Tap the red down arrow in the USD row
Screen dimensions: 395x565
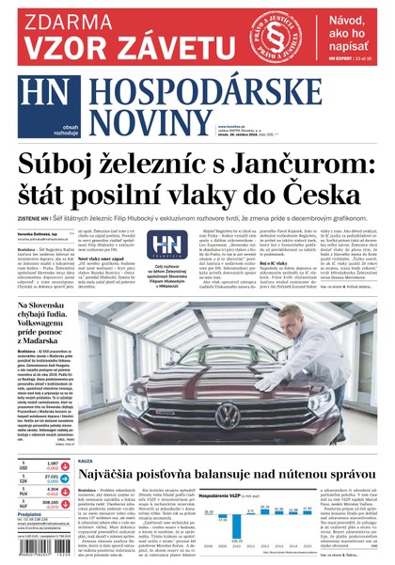tap(25, 465)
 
